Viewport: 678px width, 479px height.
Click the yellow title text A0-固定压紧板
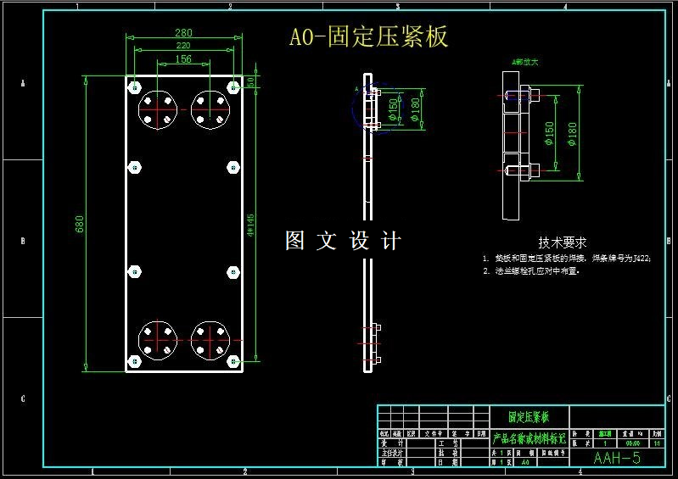coord(368,37)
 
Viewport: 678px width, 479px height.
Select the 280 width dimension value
coord(183,33)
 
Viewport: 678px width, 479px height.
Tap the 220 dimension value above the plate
coord(183,46)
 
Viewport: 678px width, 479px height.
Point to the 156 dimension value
coord(183,59)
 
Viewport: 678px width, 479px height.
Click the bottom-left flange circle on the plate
coord(158,341)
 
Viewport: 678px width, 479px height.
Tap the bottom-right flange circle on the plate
coord(210,341)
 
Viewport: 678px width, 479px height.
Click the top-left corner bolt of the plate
coord(134,86)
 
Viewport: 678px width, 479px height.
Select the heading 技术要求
coord(563,242)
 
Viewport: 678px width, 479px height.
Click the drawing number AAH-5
coord(617,458)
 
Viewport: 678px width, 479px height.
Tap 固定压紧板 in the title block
coord(529,417)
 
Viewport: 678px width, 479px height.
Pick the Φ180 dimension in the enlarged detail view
coord(572,132)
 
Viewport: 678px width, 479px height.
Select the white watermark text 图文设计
coord(343,241)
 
